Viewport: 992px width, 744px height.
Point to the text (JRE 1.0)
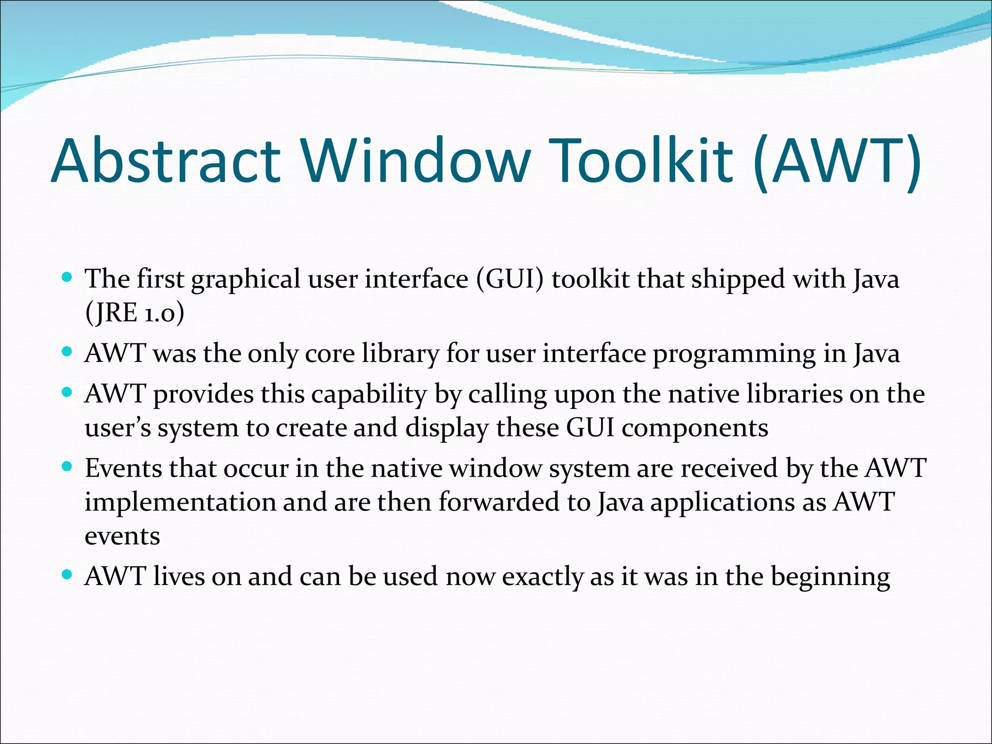click(x=135, y=313)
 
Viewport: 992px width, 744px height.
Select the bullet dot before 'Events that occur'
click(x=67, y=467)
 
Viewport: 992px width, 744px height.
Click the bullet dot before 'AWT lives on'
click(x=67, y=575)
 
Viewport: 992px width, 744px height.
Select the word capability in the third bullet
click(x=369, y=395)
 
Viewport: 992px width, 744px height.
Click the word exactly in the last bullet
click(x=542, y=577)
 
